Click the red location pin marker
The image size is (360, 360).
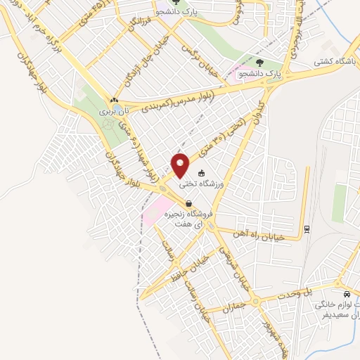(x=181, y=165)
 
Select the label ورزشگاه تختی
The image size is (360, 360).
(x=202, y=184)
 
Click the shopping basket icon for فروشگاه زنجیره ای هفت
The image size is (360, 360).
(x=188, y=204)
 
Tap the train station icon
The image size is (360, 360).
(x=307, y=229)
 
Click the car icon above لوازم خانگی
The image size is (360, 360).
(x=346, y=294)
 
